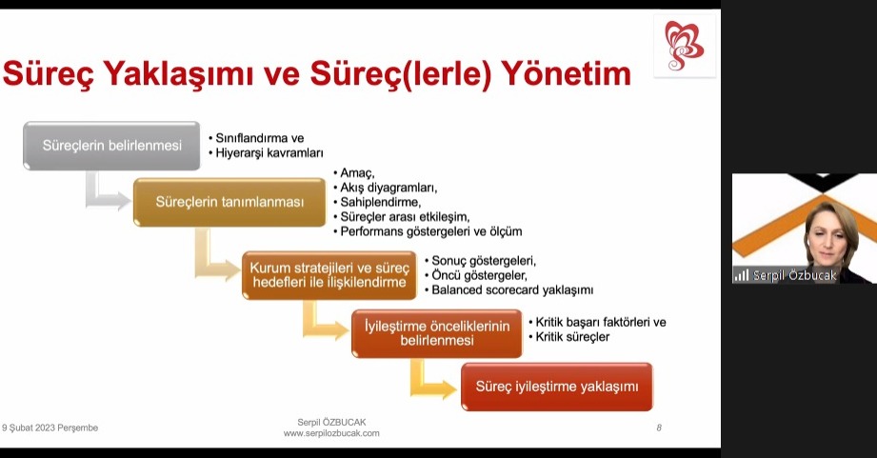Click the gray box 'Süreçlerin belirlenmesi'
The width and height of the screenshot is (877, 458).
coord(111,146)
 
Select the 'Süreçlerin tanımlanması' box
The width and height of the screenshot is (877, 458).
coord(229,202)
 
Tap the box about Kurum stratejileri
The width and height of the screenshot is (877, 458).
coord(329,275)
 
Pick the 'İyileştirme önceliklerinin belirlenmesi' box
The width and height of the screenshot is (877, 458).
coord(437,333)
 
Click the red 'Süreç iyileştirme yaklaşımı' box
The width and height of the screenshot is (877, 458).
coord(557,387)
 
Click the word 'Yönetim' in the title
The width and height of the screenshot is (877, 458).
coord(566,73)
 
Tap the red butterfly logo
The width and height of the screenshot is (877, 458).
coord(684,46)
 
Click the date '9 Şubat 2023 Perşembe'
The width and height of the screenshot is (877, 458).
coord(50,428)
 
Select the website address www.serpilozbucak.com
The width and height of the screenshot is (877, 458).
coord(331,433)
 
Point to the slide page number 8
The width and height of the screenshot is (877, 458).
coord(659,428)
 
